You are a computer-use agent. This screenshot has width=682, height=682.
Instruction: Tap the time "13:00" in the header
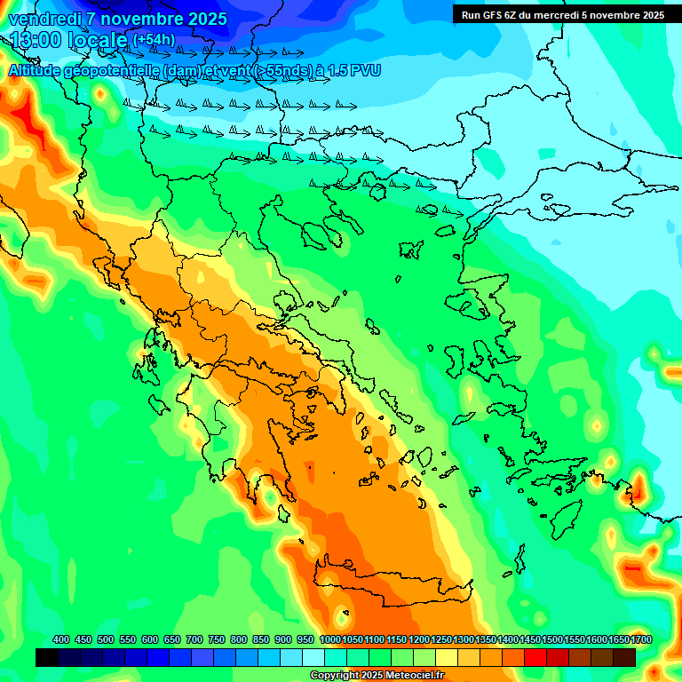point(36,40)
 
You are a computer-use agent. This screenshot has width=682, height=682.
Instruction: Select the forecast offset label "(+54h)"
point(154,40)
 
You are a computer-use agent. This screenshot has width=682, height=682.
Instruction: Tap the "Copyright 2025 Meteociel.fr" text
point(377,675)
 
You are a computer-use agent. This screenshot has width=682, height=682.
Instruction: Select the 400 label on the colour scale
point(61,640)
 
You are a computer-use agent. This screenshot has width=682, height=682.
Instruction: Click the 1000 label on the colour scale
point(330,640)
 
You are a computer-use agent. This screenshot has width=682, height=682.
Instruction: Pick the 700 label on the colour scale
point(194,640)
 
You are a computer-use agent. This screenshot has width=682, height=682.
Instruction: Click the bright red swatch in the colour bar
point(535,658)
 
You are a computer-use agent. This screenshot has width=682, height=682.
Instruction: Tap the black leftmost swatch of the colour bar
point(47,658)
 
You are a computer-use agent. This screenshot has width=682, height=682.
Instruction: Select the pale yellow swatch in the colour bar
point(447,658)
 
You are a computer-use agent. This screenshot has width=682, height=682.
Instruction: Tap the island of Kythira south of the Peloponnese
point(284,513)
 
